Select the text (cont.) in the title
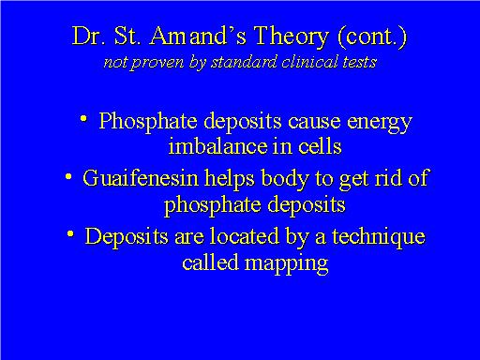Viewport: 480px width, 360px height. (366, 37)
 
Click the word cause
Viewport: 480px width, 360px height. (307, 122)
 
